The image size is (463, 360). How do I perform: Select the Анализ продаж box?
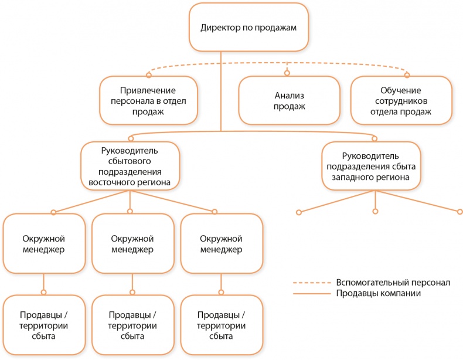pos(289,100)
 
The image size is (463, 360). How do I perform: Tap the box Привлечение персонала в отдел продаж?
pos(148,100)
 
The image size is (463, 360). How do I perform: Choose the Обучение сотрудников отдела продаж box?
pos(400,100)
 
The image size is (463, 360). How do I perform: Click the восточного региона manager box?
pos(130,167)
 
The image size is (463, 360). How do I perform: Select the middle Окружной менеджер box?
pos(132,244)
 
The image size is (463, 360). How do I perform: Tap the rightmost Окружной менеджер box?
pos(221,244)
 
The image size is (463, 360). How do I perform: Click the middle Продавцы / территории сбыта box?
pos(132,325)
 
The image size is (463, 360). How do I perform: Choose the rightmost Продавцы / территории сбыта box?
pos(221,325)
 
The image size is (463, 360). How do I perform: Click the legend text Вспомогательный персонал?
pos(393,282)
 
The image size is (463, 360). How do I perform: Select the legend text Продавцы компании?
pos(378,293)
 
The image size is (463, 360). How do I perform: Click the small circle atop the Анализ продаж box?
pos(288,73)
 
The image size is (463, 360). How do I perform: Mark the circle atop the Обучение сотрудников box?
pos(408,74)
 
